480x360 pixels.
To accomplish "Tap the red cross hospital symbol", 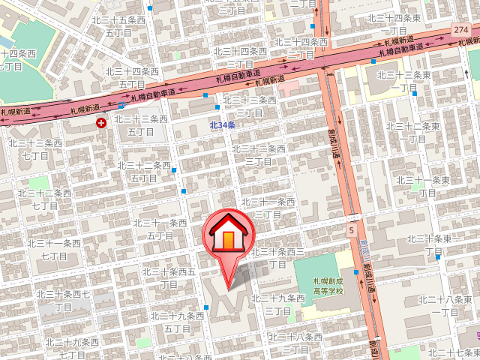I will coord(101,121).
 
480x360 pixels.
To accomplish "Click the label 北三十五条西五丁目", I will coord(118,28).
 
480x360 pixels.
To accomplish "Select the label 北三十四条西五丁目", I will coord(133,77).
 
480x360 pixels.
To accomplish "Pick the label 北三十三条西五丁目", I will coord(141,124).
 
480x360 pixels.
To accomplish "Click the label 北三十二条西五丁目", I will coord(145,171).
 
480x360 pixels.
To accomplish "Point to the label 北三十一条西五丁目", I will coord(160,229).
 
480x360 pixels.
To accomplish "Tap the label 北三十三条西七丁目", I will coord(35,148).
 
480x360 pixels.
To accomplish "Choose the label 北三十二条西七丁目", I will coord(45,199).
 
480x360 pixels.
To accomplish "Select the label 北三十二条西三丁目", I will coord(259,154).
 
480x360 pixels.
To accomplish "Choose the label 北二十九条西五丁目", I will coord(177,322).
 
